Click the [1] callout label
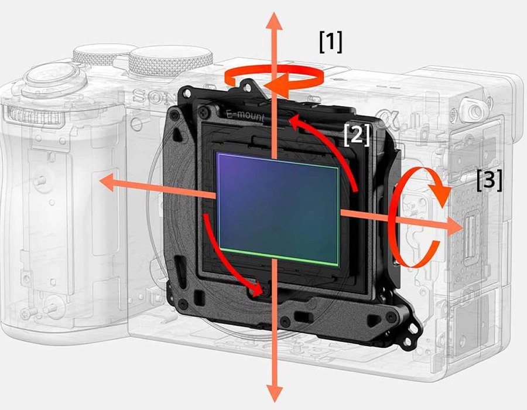pos(331,42)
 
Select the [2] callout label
pos(357,135)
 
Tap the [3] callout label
pos(490,180)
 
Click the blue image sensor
pos(278,209)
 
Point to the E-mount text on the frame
pos(245,116)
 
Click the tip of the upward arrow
pos(275,12)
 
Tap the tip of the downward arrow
pos(275,402)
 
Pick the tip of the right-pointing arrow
pos(463,226)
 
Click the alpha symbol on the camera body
pos(390,118)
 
